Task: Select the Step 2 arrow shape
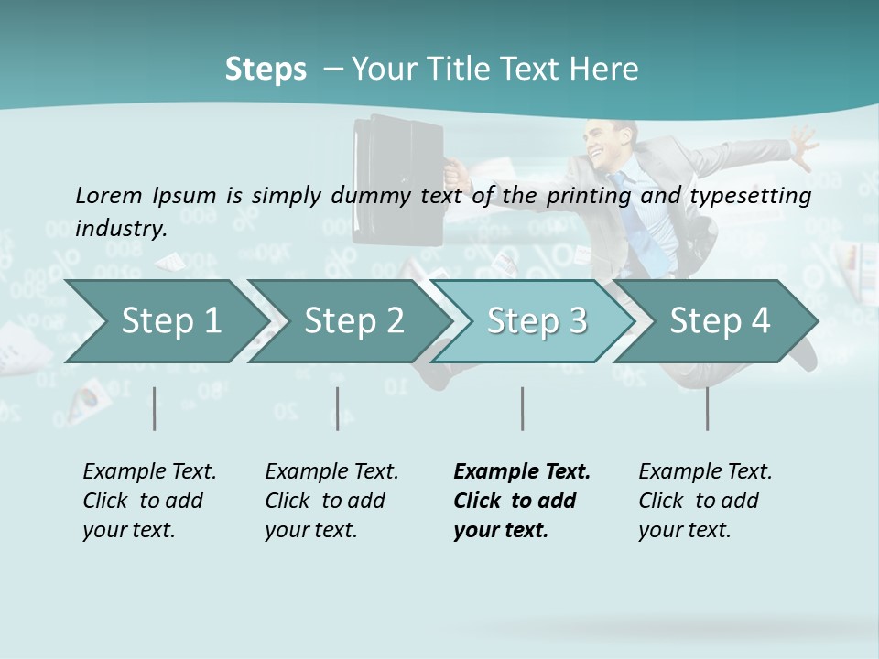pyautogui.click(x=348, y=321)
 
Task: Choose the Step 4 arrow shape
pyautogui.click(x=716, y=321)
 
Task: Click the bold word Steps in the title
pyautogui.click(x=266, y=69)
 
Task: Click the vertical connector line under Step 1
pyautogui.click(x=154, y=408)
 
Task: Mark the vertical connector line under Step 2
pyautogui.click(x=338, y=408)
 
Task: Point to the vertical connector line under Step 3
pyautogui.click(x=522, y=408)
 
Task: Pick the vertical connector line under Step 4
pyautogui.click(x=707, y=408)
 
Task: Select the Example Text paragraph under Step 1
pyautogui.click(x=149, y=501)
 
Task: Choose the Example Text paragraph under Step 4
pyautogui.click(x=704, y=501)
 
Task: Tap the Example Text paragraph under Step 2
pyautogui.click(x=331, y=501)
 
